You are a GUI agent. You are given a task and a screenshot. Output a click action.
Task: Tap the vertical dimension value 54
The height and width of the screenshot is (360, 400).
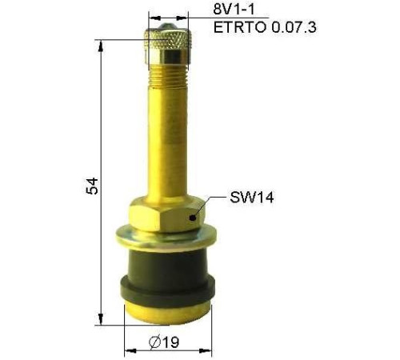[x=92, y=186]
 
